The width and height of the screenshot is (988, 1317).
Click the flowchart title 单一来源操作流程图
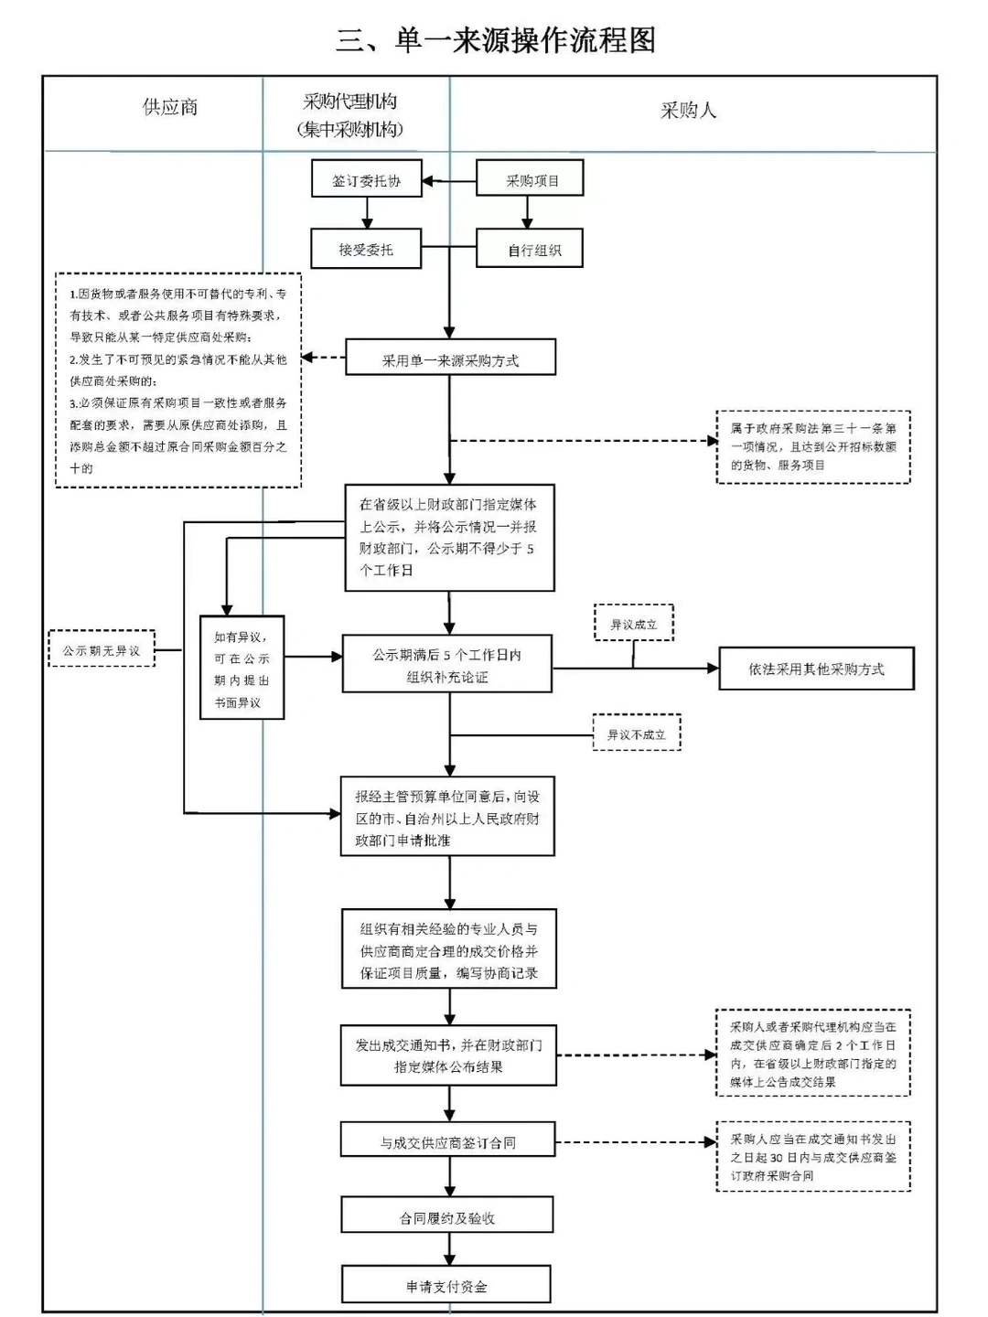(x=495, y=40)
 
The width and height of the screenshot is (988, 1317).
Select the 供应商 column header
(x=170, y=107)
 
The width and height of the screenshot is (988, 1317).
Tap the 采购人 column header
(x=688, y=111)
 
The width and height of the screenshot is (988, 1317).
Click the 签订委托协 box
(x=366, y=180)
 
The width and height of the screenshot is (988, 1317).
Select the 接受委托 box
(x=366, y=249)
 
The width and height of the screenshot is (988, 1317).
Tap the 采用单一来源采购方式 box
(x=450, y=359)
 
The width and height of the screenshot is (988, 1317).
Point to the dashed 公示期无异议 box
(x=102, y=650)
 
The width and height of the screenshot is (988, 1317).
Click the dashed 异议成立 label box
(x=633, y=624)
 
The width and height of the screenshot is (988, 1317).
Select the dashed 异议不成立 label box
(x=636, y=733)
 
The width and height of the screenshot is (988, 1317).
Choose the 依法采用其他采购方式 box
(x=816, y=669)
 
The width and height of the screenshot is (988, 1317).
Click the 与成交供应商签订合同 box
(x=448, y=1141)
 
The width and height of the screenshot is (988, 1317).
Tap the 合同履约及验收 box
(x=447, y=1216)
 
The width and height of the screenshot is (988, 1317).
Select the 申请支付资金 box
(x=446, y=1285)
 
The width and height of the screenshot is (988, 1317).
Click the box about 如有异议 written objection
(x=242, y=669)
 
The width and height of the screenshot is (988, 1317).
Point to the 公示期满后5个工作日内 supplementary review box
(x=446, y=665)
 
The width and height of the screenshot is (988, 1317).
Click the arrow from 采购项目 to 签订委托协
(x=448, y=181)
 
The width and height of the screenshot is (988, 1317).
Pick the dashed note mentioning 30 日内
(x=812, y=1157)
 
